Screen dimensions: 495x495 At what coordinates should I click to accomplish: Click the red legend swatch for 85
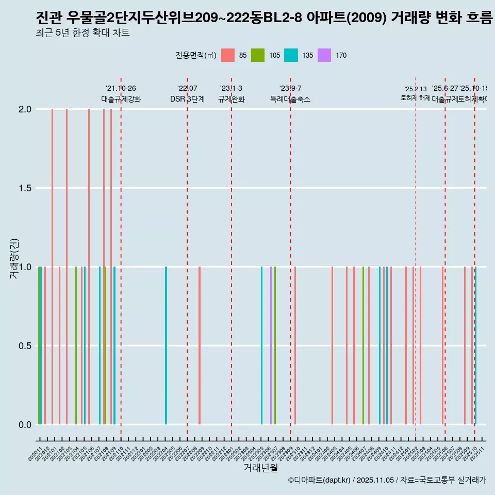[x=227, y=55]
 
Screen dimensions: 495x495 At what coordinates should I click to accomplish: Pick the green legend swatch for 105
[x=258, y=55]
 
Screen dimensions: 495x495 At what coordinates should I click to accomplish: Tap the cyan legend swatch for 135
[x=291, y=55]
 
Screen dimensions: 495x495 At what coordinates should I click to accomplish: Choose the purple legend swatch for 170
[x=324, y=55]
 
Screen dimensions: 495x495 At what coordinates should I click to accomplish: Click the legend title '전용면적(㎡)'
[x=196, y=55]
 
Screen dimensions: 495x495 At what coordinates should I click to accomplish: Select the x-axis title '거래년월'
[x=260, y=468]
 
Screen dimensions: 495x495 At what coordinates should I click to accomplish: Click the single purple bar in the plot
[x=271, y=345]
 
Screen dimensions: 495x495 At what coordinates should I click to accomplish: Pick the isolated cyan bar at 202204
[x=166, y=345]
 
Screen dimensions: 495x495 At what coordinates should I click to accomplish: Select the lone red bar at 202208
[x=200, y=345]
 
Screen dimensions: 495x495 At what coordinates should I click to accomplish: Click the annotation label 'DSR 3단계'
[x=187, y=99]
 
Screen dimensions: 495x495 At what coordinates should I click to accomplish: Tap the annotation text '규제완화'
[x=232, y=99]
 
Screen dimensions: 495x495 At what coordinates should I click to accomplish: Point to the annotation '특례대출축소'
[x=290, y=99]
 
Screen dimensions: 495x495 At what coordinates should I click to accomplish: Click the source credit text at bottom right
[x=387, y=480]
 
